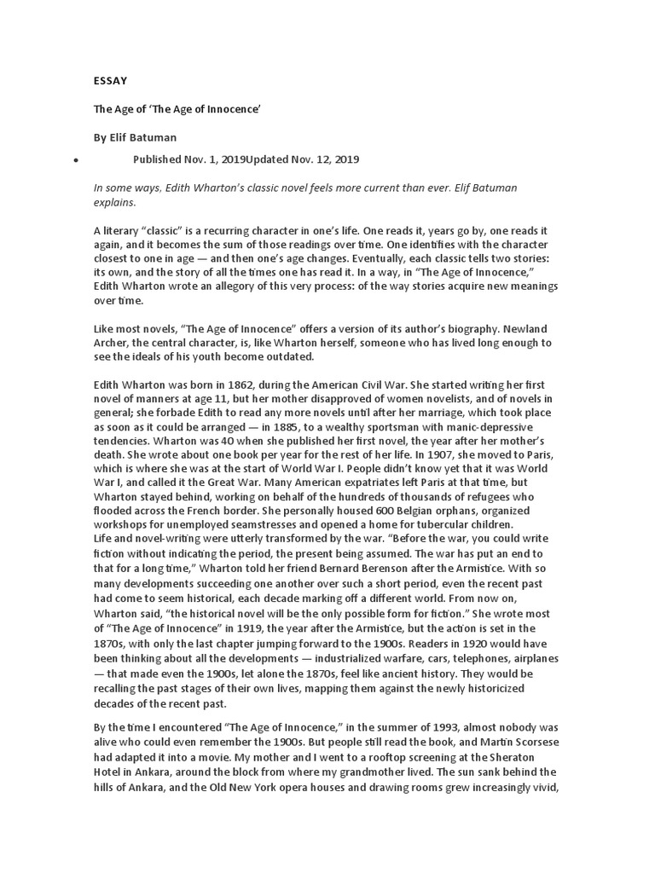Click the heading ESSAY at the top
click(x=110, y=81)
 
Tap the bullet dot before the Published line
click(x=76, y=160)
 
